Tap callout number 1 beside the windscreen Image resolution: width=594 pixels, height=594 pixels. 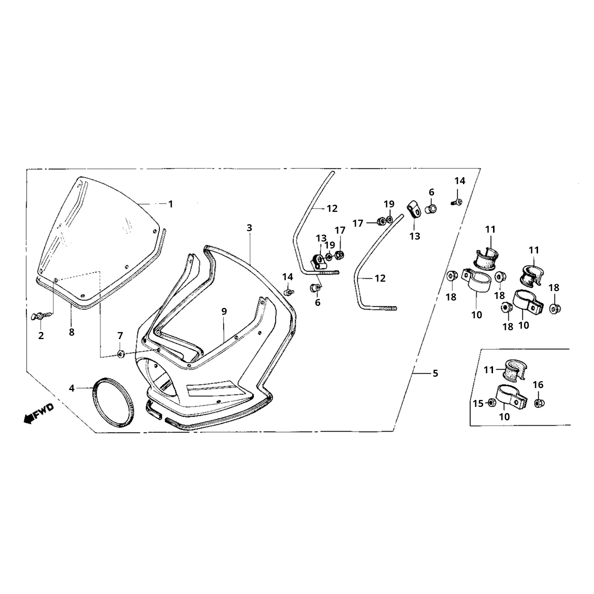(170, 204)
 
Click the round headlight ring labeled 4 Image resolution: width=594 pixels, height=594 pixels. (113, 401)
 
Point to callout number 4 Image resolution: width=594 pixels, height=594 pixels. (72, 389)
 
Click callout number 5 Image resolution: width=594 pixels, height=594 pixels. (435, 374)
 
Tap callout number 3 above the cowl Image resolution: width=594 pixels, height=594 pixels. (249, 228)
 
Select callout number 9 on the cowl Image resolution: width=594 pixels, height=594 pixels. (224, 311)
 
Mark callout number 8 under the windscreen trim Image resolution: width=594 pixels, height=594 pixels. (72, 332)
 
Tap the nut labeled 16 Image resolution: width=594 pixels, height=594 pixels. (540, 403)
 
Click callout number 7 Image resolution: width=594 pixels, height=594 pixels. (120, 336)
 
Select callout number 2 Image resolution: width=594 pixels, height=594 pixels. (41, 336)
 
